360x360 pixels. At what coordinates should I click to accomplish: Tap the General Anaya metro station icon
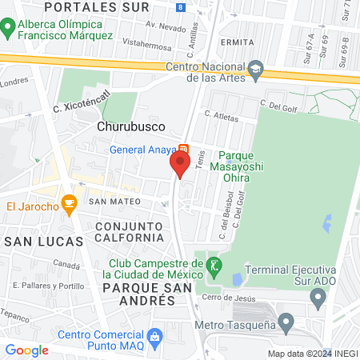pyautogui.click(x=184, y=148)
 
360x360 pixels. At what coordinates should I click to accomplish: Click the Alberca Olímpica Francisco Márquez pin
pyautogui.click(x=9, y=29)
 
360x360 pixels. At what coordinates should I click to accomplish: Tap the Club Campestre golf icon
pyautogui.click(x=213, y=265)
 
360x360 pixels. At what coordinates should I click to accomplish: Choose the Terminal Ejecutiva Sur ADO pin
pyautogui.click(x=318, y=300)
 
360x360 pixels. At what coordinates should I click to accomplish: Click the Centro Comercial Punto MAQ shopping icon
pyautogui.click(x=156, y=334)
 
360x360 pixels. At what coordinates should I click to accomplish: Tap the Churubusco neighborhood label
pyautogui.click(x=131, y=126)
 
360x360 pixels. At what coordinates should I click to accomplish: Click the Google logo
pyautogui.click(x=26, y=350)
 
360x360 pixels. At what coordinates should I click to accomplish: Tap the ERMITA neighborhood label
pyautogui.click(x=239, y=42)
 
